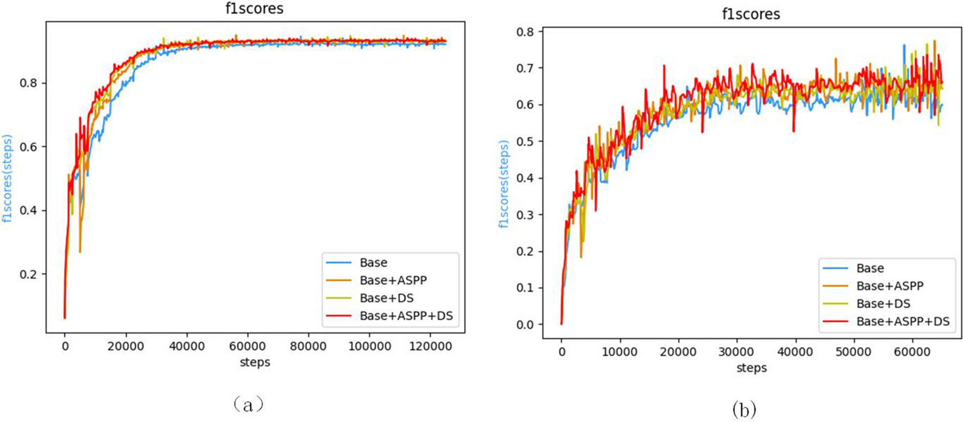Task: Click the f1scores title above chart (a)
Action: [254, 9]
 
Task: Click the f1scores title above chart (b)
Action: [751, 14]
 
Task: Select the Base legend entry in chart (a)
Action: [373, 263]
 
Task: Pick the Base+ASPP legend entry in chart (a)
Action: [393, 281]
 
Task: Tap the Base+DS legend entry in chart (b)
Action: [883, 304]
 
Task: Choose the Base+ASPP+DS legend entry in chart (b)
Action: [903, 321]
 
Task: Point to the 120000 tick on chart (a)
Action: [430, 346]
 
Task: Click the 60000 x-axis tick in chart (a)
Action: [247, 346]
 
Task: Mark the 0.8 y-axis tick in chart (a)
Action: [29, 83]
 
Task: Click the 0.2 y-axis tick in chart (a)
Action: [29, 274]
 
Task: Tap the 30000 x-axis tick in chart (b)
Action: [737, 352]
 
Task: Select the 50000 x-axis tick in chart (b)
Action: [853, 352]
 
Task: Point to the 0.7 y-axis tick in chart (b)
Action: [526, 69]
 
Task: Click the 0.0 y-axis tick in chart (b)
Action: [526, 325]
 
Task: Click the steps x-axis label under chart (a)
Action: [255, 362]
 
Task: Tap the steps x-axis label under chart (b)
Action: [751, 368]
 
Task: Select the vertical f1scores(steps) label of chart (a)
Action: [7, 178]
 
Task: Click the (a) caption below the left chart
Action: [248, 405]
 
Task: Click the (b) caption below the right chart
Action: [744, 409]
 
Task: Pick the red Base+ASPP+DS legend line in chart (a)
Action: [339, 316]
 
